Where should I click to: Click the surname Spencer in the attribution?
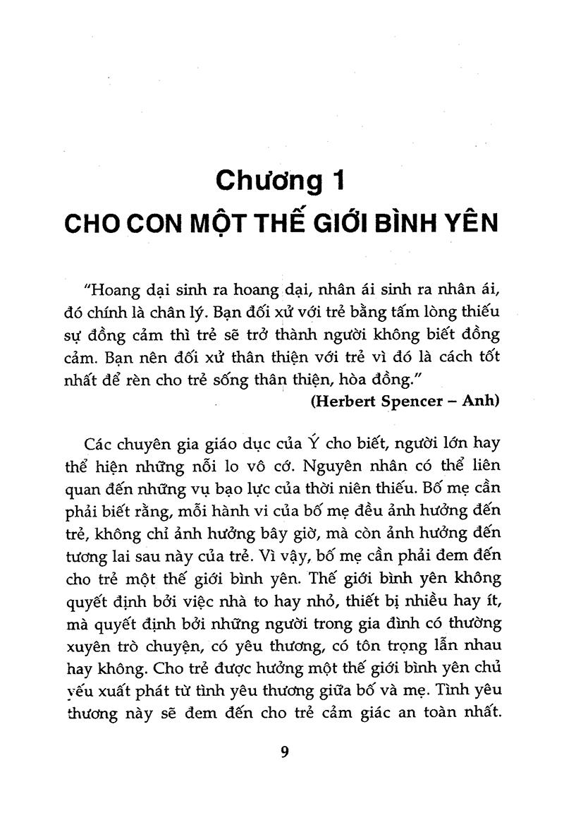[415, 401]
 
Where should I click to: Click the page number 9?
[285, 752]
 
